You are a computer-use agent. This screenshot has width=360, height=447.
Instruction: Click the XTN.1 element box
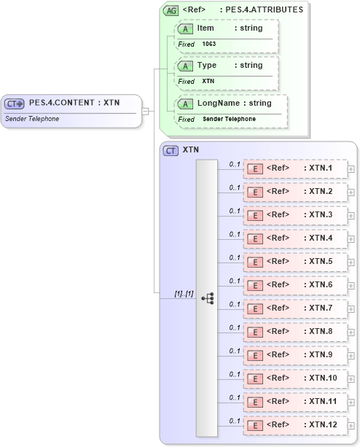(x=294, y=168)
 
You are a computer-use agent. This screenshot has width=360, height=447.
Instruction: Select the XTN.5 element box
(x=294, y=261)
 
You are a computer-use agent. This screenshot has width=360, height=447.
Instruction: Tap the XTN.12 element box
(x=294, y=424)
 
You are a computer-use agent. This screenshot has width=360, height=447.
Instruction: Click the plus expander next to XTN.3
(x=351, y=216)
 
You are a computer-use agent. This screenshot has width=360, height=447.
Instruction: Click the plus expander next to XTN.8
(x=351, y=333)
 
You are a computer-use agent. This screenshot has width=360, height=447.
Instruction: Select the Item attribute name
(x=206, y=28)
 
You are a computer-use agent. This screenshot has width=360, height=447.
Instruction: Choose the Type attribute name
(x=207, y=66)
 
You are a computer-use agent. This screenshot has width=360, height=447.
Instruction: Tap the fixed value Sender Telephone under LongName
(x=229, y=119)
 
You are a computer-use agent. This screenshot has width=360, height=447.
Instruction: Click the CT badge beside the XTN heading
(x=171, y=150)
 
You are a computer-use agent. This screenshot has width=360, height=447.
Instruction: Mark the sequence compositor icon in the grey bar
(x=207, y=298)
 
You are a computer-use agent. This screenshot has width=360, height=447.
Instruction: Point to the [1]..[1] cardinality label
(x=183, y=293)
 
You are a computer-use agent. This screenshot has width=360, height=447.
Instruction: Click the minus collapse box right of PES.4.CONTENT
(x=146, y=111)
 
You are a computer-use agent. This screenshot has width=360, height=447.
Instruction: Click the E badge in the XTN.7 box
(x=255, y=308)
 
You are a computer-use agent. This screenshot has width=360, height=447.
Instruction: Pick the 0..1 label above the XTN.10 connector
(x=235, y=374)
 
